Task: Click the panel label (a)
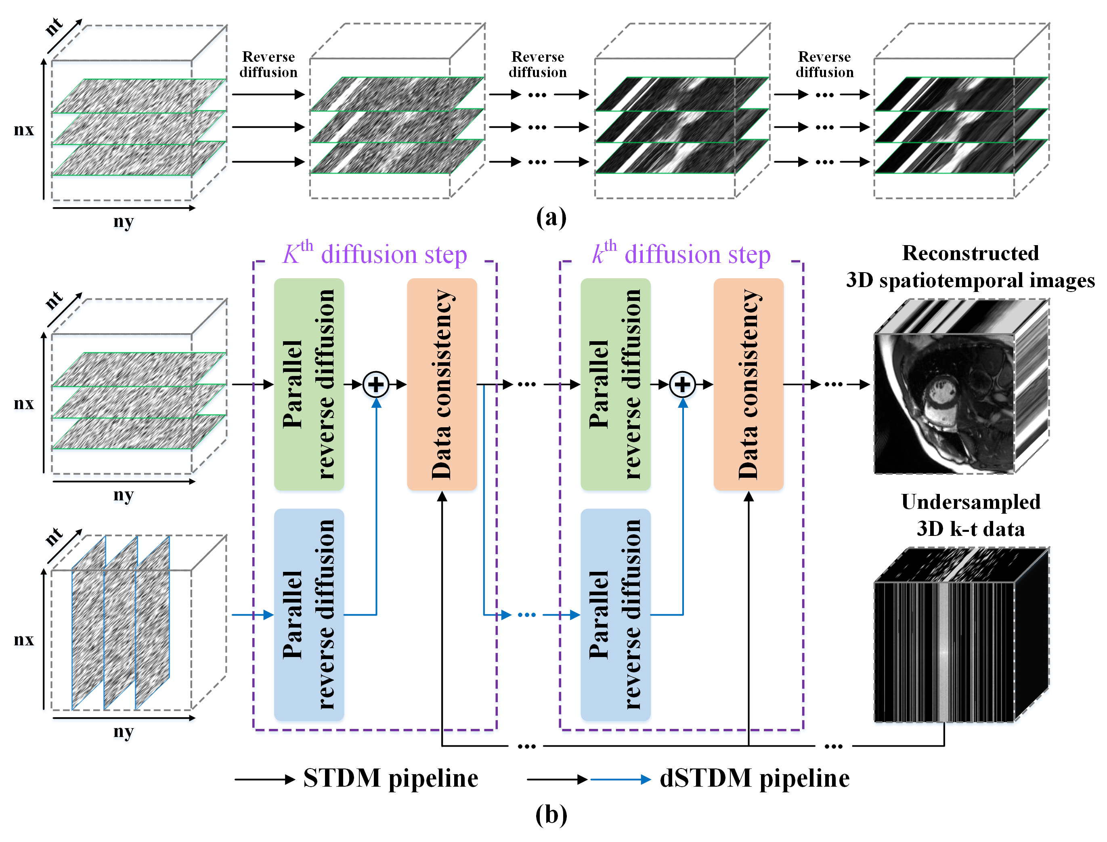tap(551, 218)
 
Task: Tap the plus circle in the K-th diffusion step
tap(376, 384)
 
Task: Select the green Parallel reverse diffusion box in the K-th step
tap(309, 384)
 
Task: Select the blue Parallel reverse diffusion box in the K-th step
tap(309, 615)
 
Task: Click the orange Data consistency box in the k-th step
tap(748, 384)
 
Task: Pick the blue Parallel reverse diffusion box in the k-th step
tap(616, 615)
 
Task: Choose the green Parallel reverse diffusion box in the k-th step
tap(616, 384)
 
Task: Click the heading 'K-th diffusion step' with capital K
tap(375, 253)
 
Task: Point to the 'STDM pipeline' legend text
tap(391, 778)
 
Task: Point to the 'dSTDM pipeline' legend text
tap(755, 778)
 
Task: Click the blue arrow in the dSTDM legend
tap(621, 779)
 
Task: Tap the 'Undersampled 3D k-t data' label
tap(971, 515)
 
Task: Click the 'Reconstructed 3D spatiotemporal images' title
tap(971, 267)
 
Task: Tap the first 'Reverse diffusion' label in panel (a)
tap(268, 64)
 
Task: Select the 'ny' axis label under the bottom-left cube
tap(123, 732)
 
